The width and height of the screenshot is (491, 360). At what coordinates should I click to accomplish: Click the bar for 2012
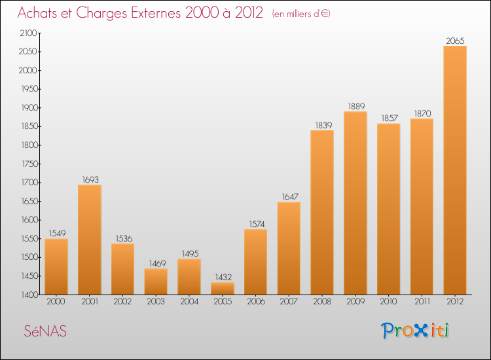[x=455, y=170]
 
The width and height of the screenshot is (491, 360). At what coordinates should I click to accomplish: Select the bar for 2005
[x=223, y=289]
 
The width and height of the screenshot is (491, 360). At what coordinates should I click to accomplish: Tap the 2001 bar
[x=90, y=240]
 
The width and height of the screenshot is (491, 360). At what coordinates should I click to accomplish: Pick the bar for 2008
[x=322, y=213]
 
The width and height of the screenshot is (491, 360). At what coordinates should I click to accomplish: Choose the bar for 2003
[x=156, y=281]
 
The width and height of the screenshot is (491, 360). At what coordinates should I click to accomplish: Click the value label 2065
[x=455, y=41]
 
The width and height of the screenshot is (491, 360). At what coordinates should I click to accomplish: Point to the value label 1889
[x=355, y=106]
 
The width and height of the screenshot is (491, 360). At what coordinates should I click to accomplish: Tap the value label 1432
[x=223, y=277]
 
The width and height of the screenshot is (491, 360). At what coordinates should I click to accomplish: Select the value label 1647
[x=289, y=196]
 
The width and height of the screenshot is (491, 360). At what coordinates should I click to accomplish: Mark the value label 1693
[x=90, y=179]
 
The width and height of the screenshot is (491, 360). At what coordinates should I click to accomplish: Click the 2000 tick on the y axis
[x=29, y=70]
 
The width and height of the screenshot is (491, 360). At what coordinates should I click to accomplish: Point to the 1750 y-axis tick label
[x=29, y=164]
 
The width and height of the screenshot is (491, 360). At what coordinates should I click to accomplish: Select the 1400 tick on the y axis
[x=29, y=295]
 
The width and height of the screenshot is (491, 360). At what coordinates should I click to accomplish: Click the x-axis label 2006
[x=255, y=302]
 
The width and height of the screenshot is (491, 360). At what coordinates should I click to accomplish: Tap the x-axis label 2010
[x=389, y=302]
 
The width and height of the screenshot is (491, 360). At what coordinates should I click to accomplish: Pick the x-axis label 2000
[x=56, y=302]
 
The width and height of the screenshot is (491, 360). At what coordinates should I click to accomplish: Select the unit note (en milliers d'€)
[x=301, y=14]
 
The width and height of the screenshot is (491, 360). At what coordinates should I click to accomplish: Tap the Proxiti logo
[x=416, y=331]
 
